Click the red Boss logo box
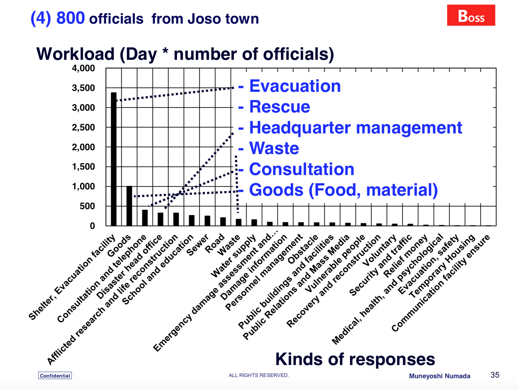(x=471, y=15)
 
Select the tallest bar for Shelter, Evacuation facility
(x=113, y=159)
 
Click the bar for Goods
(x=129, y=206)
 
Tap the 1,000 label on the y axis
(x=84, y=186)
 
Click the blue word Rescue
(x=280, y=107)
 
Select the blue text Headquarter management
(x=356, y=128)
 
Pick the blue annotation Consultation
(x=302, y=169)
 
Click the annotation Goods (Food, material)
(x=343, y=190)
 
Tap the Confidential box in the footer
(x=55, y=376)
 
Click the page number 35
(x=495, y=375)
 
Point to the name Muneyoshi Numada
(x=440, y=376)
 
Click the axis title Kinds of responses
(x=355, y=359)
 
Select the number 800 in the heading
(x=71, y=18)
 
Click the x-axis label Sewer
(x=198, y=245)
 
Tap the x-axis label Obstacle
(x=303, y=249)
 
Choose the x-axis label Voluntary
(x=379, y=250)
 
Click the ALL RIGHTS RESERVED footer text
(x=259, y=375)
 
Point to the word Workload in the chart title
(x=75, y=54)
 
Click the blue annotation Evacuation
(x=295, y=86)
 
